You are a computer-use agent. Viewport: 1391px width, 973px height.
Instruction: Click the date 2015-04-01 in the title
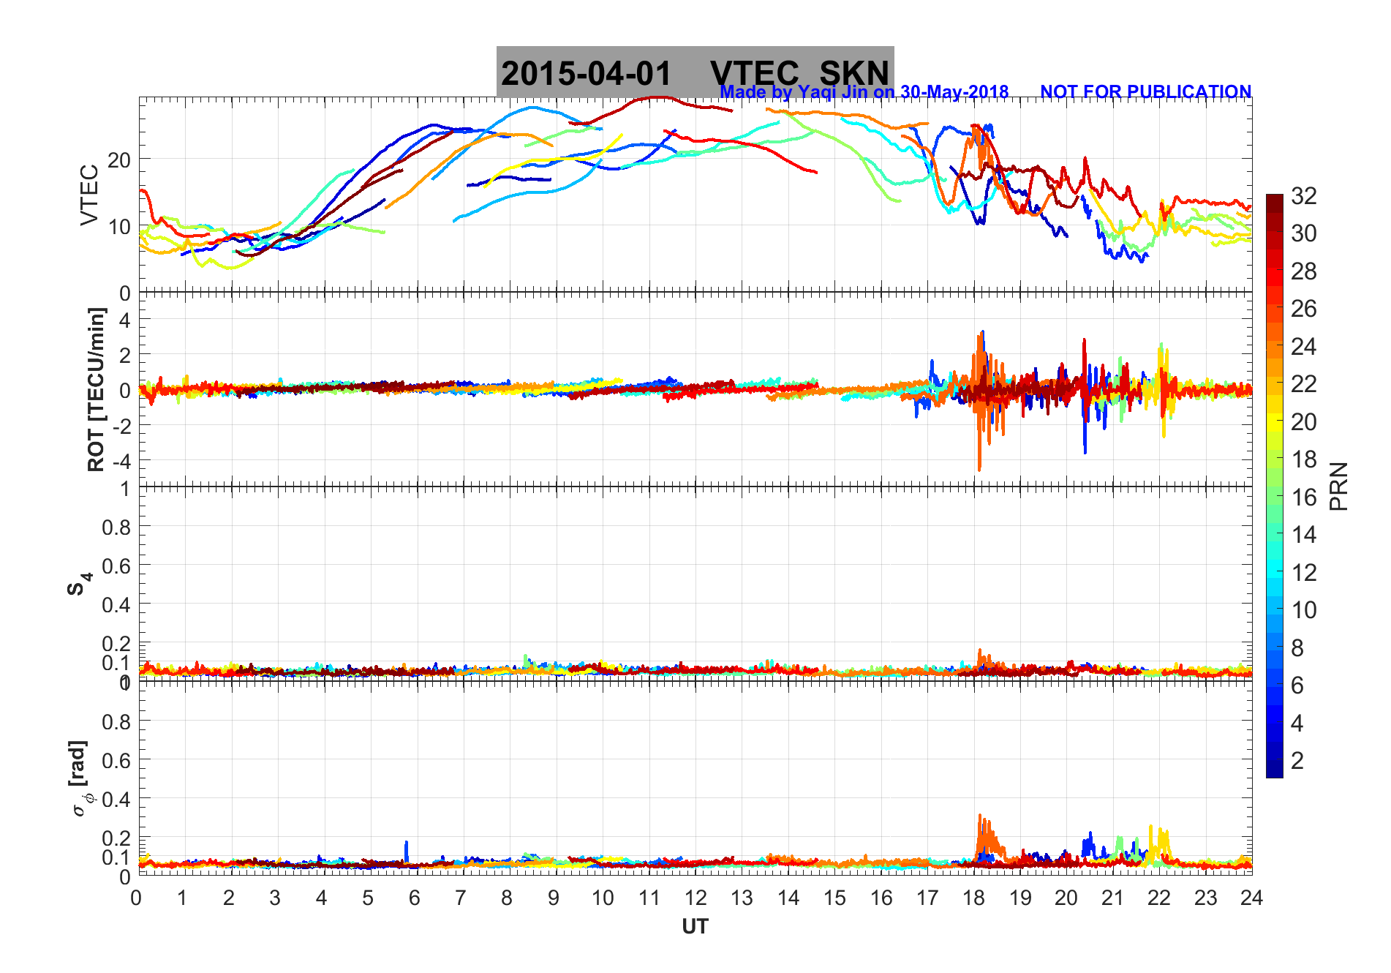pos(586,74)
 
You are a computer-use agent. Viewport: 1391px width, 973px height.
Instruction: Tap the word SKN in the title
pos(853,74)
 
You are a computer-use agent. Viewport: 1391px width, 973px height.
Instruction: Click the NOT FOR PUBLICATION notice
pos(1145,92)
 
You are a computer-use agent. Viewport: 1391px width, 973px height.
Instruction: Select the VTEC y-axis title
pos(89,195)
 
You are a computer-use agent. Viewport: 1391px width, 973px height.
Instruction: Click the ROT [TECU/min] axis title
pos(96,389)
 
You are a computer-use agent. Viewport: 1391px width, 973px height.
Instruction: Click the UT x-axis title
pos(695,927)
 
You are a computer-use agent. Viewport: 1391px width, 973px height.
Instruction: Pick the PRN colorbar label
pos(1339,487)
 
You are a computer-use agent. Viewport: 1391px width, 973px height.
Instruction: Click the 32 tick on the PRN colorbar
pos(1303,195)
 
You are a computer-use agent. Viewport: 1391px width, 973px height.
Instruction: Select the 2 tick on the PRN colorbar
pos(1297,761)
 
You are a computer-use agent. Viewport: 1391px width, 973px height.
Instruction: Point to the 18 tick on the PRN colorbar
pos(1303,459)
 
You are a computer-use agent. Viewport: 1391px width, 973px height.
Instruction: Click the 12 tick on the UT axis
pos(695,898)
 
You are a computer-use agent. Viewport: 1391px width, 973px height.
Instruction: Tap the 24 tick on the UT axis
pos(1251,898)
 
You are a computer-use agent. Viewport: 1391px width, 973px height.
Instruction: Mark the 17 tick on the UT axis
pos(927,898)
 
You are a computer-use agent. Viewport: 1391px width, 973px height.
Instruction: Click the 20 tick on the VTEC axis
pos(119,160)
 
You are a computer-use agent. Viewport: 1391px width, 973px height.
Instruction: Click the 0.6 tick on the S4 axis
pos(116,566)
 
